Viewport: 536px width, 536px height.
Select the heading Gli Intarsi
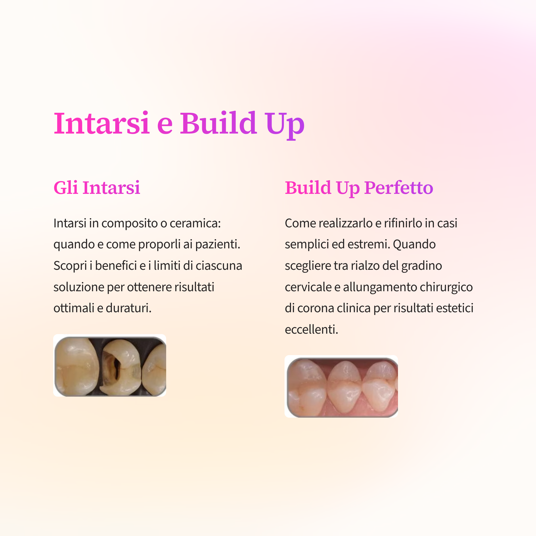click(97, 188)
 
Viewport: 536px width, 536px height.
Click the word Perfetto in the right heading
click(399, 188)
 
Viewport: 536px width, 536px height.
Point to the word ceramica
click(195, 223)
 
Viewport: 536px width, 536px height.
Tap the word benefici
click(116, 266)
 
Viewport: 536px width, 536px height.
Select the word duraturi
click(128, 308)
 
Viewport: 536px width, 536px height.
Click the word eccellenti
click(312, 329)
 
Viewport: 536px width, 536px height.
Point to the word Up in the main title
click(284, 125)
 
